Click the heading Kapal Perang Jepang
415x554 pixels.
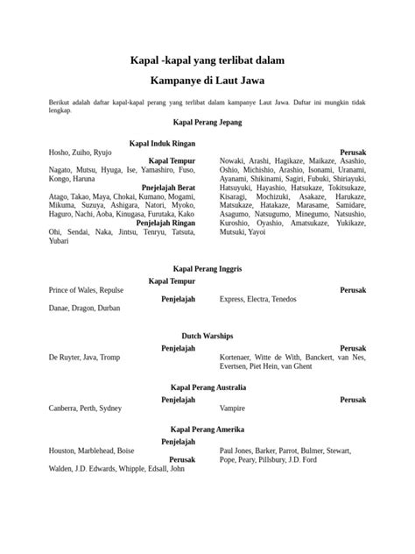pos(207,123)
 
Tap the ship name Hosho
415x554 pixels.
pos(59,153)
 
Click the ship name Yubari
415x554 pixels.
pos(59,240)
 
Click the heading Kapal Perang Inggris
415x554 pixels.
pos(207,268)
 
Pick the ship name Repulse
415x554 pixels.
pos(112,290)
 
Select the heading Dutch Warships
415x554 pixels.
pos(207,335)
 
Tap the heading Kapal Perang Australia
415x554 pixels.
pos(207,387)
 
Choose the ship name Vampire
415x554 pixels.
pos(232,408)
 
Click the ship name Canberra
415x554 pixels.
pos(64,408)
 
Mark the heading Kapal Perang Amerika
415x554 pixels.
pos(207,430)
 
